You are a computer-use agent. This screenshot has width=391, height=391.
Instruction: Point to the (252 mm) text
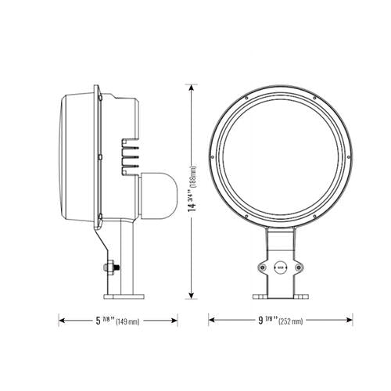click(290, 321)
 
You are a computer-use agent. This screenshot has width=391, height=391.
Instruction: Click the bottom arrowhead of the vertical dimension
click(190, 297)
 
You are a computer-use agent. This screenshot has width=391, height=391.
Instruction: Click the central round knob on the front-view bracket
click(279, 267)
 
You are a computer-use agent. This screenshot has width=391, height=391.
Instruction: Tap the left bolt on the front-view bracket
click(260, 267)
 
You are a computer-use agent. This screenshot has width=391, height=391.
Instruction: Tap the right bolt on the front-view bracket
click(298, 267)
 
